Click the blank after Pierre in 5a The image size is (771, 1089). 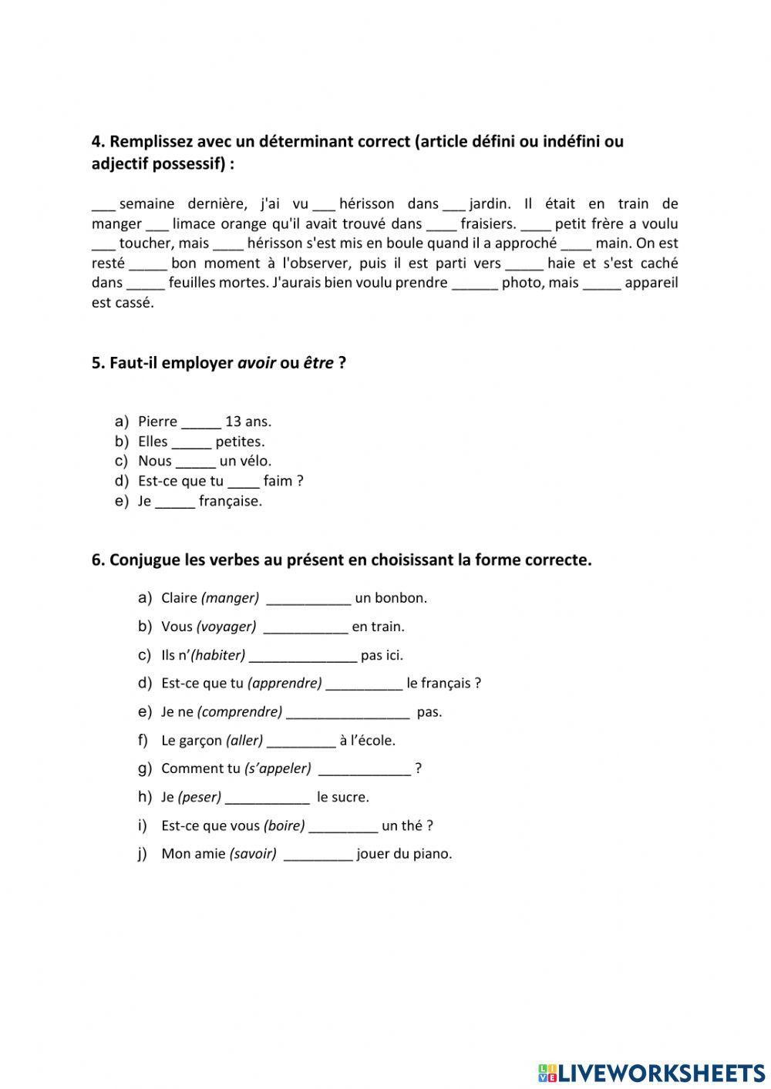tap(200, 422)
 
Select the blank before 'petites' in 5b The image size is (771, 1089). tap(191, 442)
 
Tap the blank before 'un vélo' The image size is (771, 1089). tap(195, 462)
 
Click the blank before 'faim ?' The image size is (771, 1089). tap(244, 482)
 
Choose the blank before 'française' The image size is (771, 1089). tap(175, 502)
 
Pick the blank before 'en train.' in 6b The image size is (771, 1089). tap(305, 627)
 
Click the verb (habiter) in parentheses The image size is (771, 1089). tap(218, 655)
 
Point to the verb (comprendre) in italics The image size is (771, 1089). tap(240, 712)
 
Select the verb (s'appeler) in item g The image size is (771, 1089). tap(278, 768)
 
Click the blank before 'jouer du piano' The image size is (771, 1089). tap(318, 855)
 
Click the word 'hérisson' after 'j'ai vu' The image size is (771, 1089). tap(368, 204)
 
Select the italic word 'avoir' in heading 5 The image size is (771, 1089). tap(257, 363)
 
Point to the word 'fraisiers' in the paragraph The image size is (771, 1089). tap(487, 224)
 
